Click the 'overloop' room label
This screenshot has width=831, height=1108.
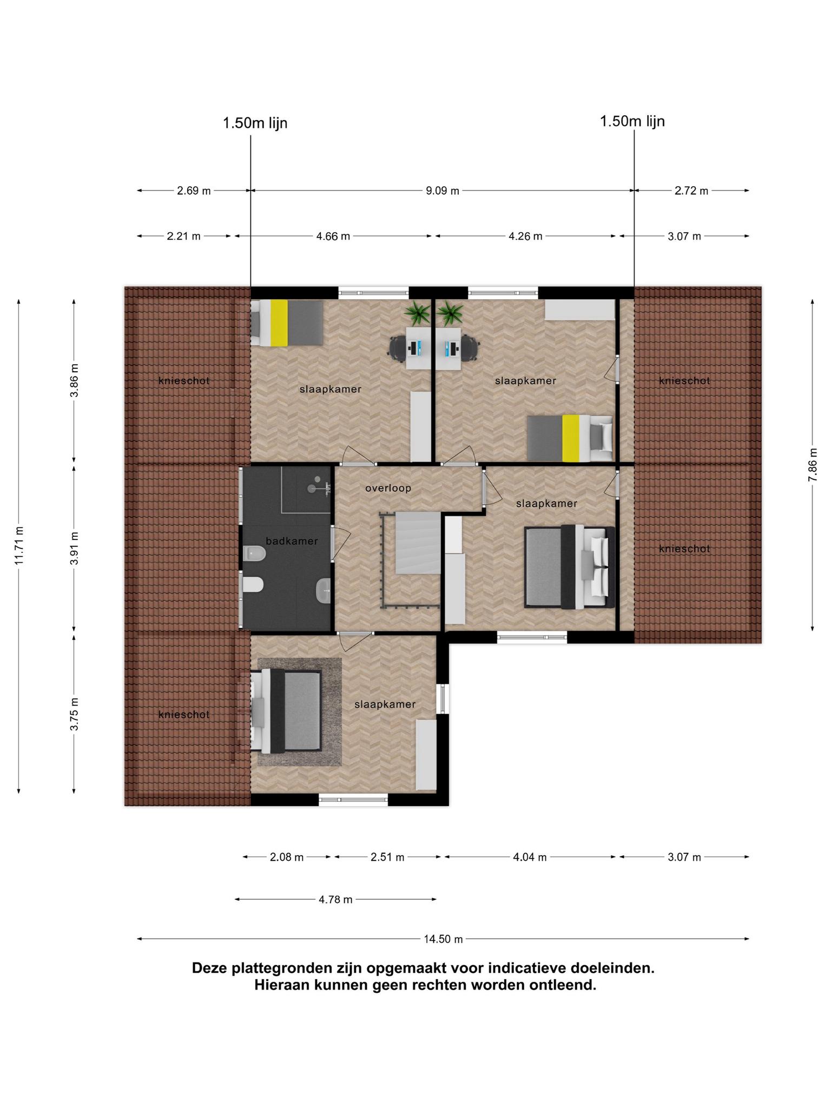click(x=388, y=488)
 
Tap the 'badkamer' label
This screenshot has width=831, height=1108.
click(x=292, y=540)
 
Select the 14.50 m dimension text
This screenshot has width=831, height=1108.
click(x=443, y=939)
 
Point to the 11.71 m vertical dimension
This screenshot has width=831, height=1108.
click(x=19, y=545)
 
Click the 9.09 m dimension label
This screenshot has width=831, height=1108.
click(x=443, y=190)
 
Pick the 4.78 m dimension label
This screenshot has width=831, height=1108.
click(x=335, y=899)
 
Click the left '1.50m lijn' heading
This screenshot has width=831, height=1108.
click(x=255, y=123)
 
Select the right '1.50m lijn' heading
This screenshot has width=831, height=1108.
click(x=632, y=121)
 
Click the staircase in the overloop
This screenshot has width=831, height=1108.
click(x=418, y=543)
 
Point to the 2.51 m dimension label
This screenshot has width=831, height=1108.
click(x=387, y=857)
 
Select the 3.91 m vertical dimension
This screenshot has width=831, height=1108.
click(x=74, y=548)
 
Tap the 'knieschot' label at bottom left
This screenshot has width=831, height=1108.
click(x=184, y=715)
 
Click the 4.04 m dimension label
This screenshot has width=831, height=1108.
click(x=530, y=857)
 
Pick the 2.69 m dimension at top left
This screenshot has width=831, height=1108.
click(x=194, y=190)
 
